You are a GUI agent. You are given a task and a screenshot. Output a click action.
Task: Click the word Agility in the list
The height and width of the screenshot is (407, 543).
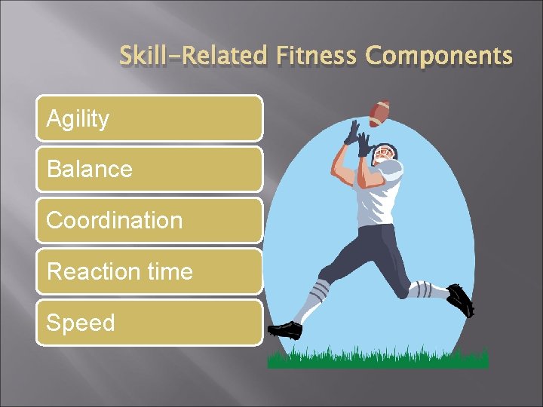pos(78,118)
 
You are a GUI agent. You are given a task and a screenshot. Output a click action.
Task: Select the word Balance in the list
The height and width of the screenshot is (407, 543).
pos(89,169)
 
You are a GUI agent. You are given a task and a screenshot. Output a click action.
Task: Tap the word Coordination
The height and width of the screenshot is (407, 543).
pos(114,220)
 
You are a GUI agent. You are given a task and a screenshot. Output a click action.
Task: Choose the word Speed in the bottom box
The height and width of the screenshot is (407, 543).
pos(81,323)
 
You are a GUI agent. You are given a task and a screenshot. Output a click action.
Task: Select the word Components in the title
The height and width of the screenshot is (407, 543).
pos(439,56)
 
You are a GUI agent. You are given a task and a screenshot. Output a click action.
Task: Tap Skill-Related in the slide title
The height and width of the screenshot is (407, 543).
pos(194,56)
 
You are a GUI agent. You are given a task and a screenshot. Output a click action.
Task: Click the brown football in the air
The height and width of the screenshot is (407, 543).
pos(380,113)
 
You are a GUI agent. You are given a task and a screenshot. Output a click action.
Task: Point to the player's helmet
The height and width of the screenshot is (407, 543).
pos(385,155)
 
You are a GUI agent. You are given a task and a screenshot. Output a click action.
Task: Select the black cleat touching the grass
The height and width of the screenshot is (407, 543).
pos(285,330)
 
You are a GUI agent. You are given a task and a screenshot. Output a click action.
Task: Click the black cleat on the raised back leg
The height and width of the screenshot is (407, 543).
pos(459,300)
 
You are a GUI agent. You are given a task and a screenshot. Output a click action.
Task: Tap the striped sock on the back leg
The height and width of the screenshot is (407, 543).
pos(422,289)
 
